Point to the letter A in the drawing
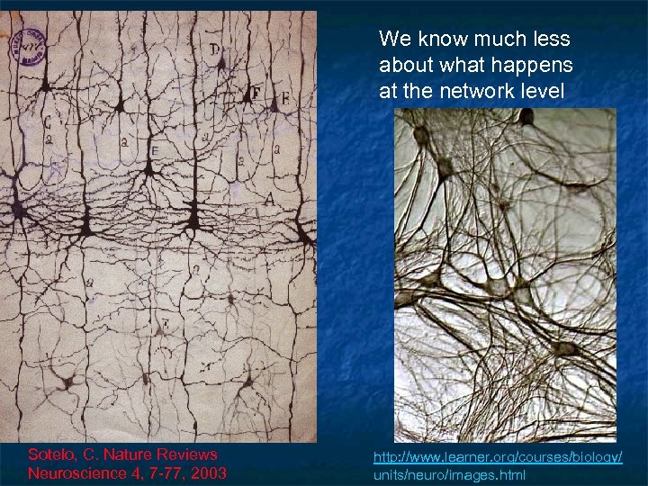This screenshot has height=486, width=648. click(268, 198)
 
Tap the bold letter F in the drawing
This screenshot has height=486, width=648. click(256, 93)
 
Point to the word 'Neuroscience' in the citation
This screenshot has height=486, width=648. click(77, 472)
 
